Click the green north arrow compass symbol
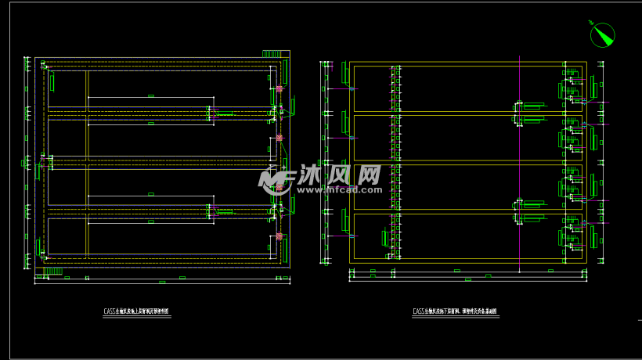[602, 34]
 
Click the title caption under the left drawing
[136, 311]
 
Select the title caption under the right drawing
[454, 311]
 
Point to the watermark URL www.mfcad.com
[338, 189]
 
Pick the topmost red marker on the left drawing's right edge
[280, 89]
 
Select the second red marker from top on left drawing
[280, 139]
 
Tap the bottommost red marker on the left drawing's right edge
[280, 236]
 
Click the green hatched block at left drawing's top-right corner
[272, 54]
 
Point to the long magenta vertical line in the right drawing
[520, 157]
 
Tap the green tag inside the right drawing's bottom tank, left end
[384, 238]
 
